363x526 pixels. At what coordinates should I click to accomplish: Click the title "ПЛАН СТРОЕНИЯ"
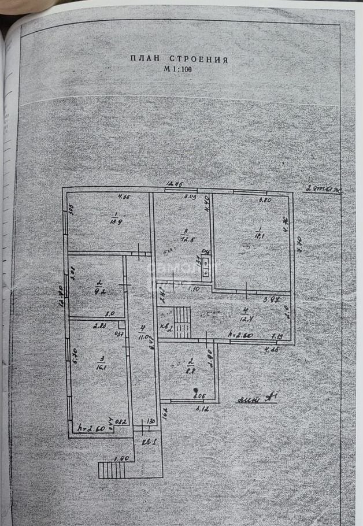[179, 58]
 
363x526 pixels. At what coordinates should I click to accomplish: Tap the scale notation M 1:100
[179, 69]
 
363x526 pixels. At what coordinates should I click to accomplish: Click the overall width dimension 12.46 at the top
[175, 184]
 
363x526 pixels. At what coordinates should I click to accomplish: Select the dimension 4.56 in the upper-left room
[124, 197]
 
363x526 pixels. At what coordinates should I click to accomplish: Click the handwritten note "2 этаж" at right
[323, 189]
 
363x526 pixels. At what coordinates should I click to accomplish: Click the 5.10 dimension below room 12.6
[194, 288]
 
